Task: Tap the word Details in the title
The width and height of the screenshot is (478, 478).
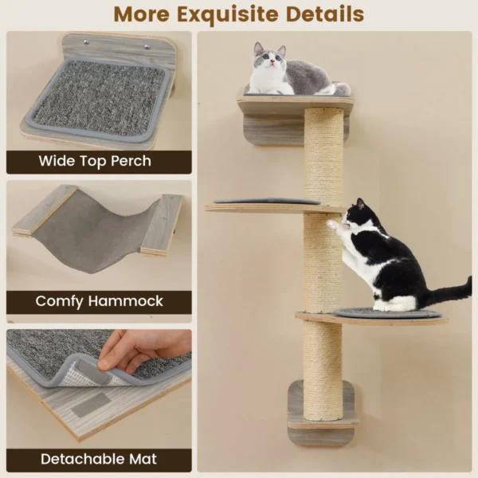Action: (325, 14)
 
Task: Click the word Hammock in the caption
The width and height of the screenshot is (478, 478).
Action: (126, 301)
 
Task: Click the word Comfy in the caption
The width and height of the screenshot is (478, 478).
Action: (59, 301)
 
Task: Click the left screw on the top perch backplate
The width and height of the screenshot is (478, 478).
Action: (87, 42)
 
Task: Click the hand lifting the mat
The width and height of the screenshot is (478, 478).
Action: (143, 351)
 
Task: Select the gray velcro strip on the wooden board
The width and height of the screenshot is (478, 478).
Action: (90, 406)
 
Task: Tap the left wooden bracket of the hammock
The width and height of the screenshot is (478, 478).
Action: (43, 210)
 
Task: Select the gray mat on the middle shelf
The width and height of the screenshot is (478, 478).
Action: (267, 202)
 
